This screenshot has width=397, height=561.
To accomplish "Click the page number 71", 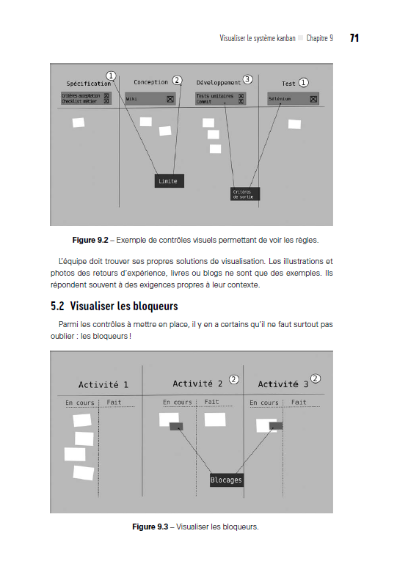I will [354, 37].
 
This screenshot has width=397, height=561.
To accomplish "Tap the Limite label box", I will [168, 180].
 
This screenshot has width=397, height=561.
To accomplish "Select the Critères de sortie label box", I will [245, 194].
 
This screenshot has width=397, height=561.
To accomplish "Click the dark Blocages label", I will [226, 480].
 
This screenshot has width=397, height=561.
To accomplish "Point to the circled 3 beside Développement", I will [247, 79].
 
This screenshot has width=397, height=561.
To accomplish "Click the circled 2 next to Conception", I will [177, 80].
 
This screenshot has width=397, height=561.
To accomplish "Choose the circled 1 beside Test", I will [304, 82].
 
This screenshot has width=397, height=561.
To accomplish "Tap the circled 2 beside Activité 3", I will [316, 378].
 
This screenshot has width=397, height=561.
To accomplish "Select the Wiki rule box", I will [150, 98].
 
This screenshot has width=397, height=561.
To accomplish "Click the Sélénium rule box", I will [293, 98].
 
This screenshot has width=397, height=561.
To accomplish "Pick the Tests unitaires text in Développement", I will [215, 95].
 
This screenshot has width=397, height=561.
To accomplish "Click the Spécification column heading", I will [88, 84].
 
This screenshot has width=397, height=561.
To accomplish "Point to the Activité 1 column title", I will [103, 385].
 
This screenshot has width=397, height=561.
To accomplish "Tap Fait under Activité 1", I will [114, 403].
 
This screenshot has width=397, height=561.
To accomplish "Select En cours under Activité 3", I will [264, 403].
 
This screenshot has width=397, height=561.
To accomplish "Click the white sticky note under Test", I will [294, 124].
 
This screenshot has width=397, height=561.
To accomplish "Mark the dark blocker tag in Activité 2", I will [176, 426].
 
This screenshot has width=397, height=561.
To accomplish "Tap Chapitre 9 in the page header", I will [319, 37].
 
